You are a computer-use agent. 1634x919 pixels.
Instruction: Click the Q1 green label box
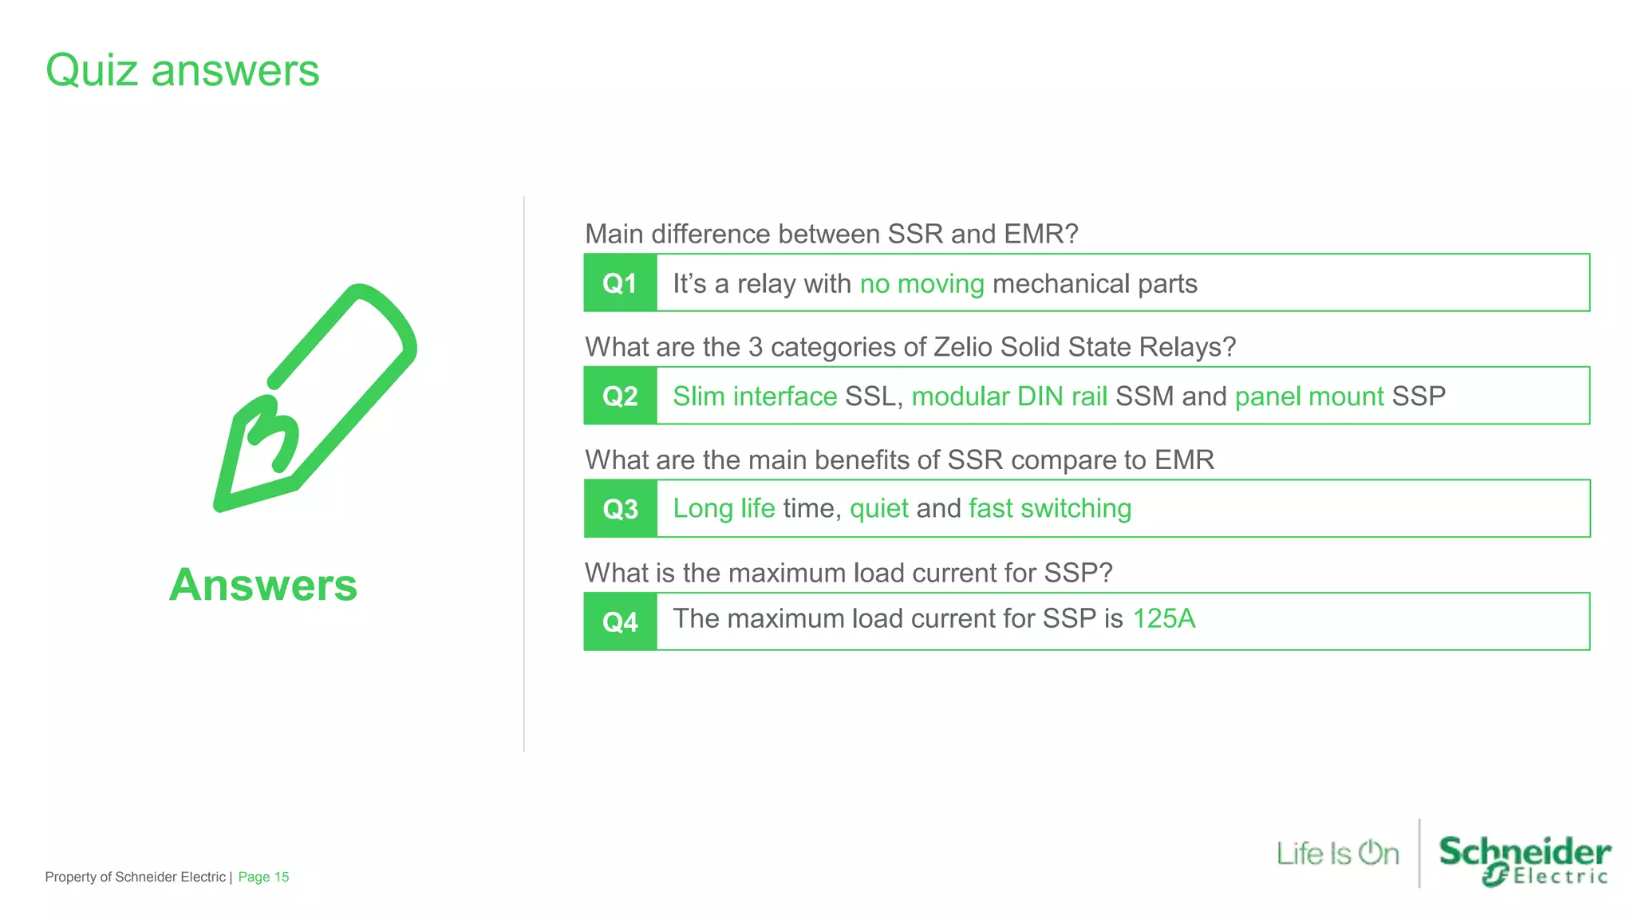point(620,283)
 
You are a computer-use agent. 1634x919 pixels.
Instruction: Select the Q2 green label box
point(620,396)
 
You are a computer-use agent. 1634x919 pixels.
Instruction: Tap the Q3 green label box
point(620,509)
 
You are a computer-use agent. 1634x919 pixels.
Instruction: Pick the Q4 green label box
point(620,621)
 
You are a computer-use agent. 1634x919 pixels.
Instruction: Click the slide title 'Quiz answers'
point(182,70)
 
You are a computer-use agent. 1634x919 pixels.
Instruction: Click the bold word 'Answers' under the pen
point(263,585)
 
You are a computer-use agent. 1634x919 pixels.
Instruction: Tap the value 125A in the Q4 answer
point(1163,619)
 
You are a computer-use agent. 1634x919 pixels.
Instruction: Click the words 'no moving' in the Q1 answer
point(922,284)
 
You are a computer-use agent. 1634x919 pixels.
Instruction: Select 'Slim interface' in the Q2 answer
point(754,396)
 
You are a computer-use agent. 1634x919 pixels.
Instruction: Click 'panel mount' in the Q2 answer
point(1308,396)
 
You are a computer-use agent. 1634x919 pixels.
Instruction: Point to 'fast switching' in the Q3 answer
point(1049,509)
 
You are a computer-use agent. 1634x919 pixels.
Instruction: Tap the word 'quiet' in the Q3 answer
point(878,509)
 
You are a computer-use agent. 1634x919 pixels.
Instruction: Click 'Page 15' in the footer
point(263,877)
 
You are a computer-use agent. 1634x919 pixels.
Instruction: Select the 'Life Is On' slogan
point(1337,854)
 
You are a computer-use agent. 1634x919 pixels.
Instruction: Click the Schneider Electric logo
point(1524,860)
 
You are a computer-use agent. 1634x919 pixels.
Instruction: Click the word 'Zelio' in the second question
point(962,347)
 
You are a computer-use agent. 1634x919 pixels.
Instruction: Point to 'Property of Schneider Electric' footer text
point(135,877)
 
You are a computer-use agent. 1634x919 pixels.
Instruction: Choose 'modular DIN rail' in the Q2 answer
point(1009,396)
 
